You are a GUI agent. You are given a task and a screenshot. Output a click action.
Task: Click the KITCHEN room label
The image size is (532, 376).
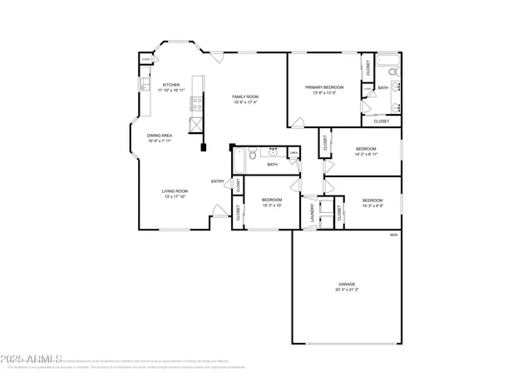(x=171, y=84)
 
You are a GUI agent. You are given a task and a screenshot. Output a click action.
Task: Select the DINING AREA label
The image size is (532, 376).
(x=160, y=135)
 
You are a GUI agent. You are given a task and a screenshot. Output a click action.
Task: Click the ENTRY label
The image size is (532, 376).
(x=218, y=181)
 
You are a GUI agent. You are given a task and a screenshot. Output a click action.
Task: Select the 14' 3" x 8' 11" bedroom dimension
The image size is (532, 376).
(x=366, y=154)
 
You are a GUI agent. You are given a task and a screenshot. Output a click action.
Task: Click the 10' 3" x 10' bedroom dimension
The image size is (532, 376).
(x=272, y=205)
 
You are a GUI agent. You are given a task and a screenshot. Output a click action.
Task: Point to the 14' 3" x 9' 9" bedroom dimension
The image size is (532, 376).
(x=372, y=205)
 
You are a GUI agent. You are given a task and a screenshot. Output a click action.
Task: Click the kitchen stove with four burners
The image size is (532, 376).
(x=198, y=103)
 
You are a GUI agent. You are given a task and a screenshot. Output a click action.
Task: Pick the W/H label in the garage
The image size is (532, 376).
(x=394, y=235)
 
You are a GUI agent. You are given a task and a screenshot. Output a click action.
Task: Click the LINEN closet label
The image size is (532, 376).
(x=293, y=152)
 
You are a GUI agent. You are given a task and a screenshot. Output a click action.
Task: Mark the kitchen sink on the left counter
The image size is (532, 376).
(x=143, y=85)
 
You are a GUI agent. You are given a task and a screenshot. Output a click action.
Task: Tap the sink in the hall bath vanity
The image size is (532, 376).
(x=272, y=152)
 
